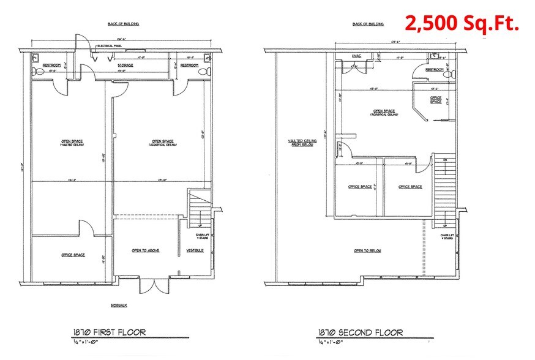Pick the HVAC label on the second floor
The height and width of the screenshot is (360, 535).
point(357,56)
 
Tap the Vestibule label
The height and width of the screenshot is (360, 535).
point(196,250)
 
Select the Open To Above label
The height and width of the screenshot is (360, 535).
point(146,250)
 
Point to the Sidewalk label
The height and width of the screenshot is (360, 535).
point(119,305)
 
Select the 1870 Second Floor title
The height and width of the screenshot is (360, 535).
point(360,332)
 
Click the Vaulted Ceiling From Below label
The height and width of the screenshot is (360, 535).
point(301,142)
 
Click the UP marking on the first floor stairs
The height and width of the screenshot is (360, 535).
point(201,225)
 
